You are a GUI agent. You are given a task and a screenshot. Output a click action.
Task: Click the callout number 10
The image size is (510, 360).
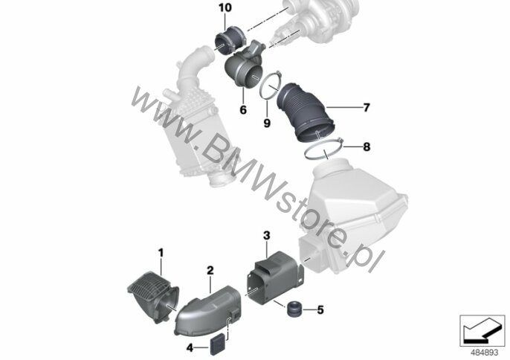[x=225, y=7]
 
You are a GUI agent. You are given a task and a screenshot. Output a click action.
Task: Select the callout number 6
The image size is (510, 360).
[x=243, y=110]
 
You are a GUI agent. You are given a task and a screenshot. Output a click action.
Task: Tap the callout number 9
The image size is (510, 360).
[x=267, y=123]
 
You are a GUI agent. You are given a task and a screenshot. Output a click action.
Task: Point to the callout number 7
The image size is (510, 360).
[x=367, y=107]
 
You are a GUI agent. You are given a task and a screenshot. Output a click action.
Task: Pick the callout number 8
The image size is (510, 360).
[x=367, y=147]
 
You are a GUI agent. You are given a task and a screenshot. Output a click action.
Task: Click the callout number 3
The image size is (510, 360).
[x=267, y=235]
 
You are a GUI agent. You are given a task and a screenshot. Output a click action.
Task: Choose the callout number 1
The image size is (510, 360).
[x=161, y=253]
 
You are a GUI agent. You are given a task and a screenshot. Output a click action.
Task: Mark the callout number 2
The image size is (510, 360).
[x=210, y=270]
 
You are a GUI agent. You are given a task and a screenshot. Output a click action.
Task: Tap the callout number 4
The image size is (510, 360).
[x=190, y=348]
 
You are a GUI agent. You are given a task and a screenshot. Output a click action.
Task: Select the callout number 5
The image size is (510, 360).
[x=320, y=310]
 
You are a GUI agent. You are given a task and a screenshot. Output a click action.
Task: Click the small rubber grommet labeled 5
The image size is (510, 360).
[x=295, y=309]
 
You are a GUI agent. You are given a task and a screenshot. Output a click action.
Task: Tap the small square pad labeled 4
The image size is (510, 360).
[x=218, y=344]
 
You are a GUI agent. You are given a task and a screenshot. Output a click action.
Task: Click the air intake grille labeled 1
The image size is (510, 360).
[x=152, y=295]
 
